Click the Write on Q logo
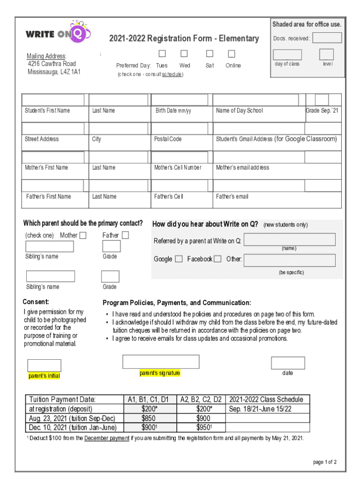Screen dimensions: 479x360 [x=58, y=33]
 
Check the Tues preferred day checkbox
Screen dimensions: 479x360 [x=162, y=53]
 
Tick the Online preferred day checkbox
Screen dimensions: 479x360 [x=231, y=53]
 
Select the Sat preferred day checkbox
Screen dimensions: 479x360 [x=210, y=53]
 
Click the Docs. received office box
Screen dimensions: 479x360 [x=327, y=38]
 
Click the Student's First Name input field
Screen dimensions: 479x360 [x=53, y=100]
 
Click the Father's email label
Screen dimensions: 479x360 [x=232, y=196]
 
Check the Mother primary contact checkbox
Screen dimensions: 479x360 [x=83, y=236]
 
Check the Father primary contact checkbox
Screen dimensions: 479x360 [x=125, y=235]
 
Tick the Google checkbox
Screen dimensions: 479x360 [x=179, y=259]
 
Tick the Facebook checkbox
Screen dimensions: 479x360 [x=217, y=259]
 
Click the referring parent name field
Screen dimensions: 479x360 [x=289, y=239]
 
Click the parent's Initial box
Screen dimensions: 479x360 [x=44, y=365]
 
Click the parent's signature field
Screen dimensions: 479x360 [x=161, y=362]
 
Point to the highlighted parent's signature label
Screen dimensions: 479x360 [x=159, y=373]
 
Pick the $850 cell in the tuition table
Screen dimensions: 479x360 [x=149, y=418]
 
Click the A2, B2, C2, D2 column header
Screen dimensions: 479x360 [x=201, y=399]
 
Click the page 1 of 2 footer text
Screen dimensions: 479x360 [x=324, y=462]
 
